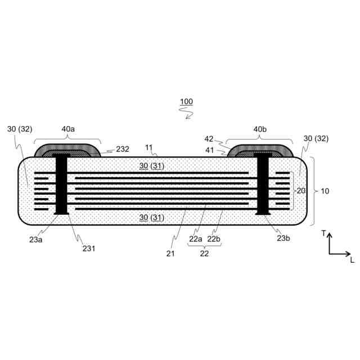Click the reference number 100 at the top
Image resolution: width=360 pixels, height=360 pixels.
[186, 101]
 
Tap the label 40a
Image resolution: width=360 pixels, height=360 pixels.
[68, 129]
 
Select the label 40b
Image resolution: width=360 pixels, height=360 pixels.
[260, 129]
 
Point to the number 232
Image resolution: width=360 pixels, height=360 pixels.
[123, 149]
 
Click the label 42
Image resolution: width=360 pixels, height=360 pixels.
[209, 139]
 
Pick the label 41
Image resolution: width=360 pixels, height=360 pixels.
[209, 150]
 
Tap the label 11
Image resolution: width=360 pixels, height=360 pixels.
[148, 147]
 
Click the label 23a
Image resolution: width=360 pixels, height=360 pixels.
[35, 240]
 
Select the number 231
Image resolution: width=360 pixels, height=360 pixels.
[89, 249]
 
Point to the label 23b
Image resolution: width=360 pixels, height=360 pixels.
[283, 238]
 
